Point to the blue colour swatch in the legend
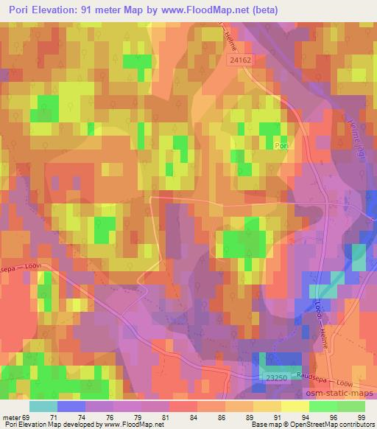71,406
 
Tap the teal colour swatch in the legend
43,406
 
